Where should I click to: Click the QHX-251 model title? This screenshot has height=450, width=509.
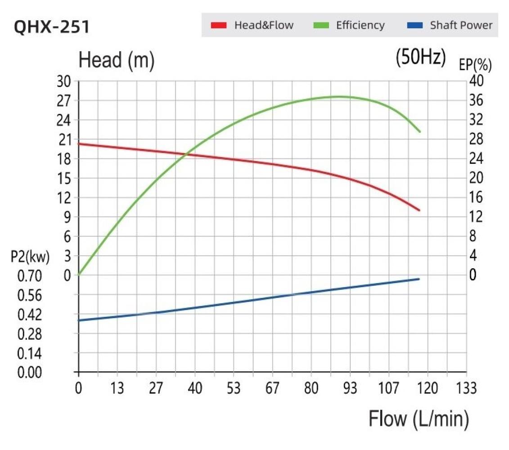pos(52,27)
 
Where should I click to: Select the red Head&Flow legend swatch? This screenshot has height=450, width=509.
pos(218,25)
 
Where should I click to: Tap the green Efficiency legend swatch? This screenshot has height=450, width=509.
pos(320,25)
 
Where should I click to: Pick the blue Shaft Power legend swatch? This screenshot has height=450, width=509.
pos(414,25)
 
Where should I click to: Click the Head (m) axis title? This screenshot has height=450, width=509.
pos(116,60)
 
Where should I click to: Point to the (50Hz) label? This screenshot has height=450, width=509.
pos(421,57)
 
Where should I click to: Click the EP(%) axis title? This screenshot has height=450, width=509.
pos(475,65)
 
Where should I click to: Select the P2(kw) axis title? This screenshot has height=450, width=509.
pos(30,257)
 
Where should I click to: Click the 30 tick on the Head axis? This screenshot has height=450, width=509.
pos(64,81)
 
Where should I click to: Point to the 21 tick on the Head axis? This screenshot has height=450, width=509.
pos(64,139)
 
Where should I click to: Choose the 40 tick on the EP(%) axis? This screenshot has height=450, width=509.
pos(477,81)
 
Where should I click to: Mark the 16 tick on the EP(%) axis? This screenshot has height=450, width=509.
pos(477,198)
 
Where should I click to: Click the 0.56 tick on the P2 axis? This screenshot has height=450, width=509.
pos(29,295)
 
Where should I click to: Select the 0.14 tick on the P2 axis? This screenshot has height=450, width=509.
pos(29,354)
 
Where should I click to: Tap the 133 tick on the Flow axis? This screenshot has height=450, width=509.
pos(466,388)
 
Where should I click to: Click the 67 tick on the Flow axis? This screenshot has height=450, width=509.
pos(272,388)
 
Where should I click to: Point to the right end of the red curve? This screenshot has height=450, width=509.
pos(419,210)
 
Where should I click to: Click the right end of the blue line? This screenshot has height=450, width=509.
pos(419,279)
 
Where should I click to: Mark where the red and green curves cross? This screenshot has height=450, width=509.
pos(185,154)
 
